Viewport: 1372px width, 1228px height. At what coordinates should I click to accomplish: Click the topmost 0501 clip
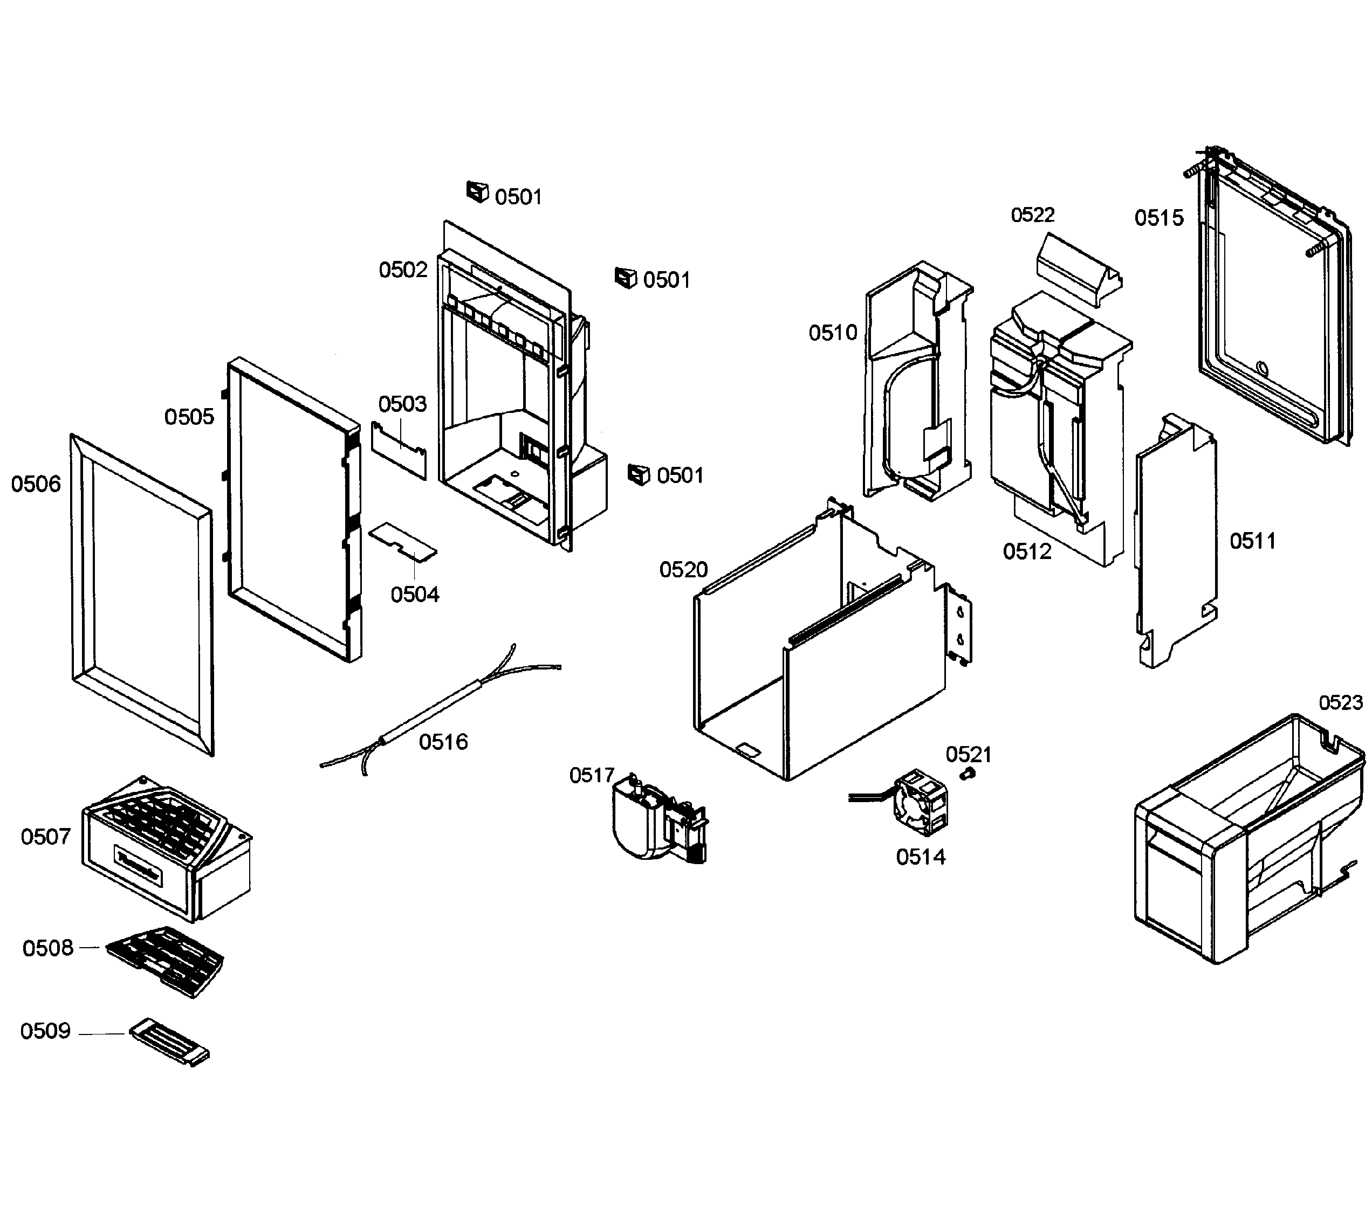click(477, 191)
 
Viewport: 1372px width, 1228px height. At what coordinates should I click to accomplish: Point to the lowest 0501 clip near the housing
click(638, 474)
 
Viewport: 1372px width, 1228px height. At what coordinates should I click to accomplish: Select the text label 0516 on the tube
click(443, 742)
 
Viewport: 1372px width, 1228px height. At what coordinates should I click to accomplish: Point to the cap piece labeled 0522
click(1079, 270)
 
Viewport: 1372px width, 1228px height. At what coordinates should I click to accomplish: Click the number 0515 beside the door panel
click(1159, 218)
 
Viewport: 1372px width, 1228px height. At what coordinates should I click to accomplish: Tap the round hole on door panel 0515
click(1261, 368)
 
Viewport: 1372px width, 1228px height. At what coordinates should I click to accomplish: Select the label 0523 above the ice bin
click(1340, 703)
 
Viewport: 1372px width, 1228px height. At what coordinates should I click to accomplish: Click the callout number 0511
click(1253, 541)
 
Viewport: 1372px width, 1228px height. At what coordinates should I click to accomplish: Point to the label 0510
click(833, 333)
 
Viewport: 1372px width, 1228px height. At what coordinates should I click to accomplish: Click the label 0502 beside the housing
click(403, 270)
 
